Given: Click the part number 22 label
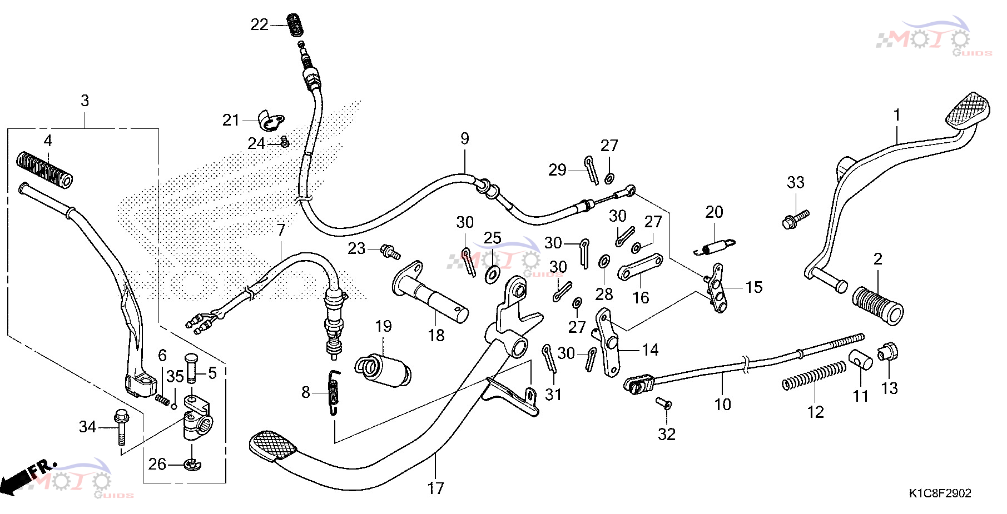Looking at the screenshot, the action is click(x=260, y=24).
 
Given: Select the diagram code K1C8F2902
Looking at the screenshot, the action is click(x=940, y=493).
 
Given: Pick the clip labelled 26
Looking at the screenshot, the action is click(x=192, y=464).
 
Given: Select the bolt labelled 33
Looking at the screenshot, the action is click(x=795, y=218).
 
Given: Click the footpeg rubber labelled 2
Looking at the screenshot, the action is click(x=877, y=305).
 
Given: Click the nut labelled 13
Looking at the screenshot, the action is click(x=887, y=352).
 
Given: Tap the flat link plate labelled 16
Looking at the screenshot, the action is click(x=640, y=267).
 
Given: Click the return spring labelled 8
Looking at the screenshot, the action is click(x=334, y=392).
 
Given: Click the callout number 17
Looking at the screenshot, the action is click(x=435, y=488).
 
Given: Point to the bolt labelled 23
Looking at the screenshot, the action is click(x=390, y=252).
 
